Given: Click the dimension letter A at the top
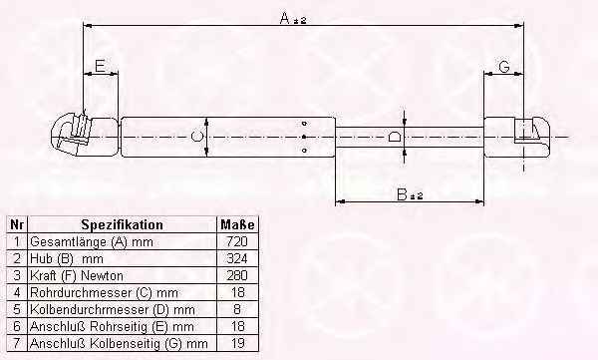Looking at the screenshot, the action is pos(285,18).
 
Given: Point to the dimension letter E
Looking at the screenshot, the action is pos(100,66).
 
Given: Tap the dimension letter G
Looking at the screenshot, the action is pos(504,67).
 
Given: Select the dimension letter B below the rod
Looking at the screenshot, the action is pos(403,194).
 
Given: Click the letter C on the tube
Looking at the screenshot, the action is pos(196,137).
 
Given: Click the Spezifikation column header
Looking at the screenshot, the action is pos(122,224).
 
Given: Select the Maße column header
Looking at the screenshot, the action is pos(237,224).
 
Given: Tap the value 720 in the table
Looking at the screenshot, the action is pos(237,241).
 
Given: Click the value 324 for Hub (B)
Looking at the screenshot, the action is pos(237,258).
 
